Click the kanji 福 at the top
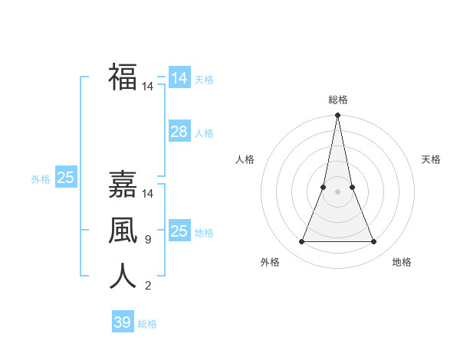(123, 77)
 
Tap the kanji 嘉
(123, 185)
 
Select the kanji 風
(123, 230)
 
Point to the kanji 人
(123, 276)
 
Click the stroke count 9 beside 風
(147, 240)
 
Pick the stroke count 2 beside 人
(147, 286)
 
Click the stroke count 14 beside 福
(147, 87)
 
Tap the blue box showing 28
(179, 132)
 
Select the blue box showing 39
(122, 322)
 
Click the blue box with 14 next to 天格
(179, 78)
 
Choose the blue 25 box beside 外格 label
(66, 178)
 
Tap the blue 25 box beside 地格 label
(179, 231)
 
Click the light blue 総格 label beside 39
(147, 324)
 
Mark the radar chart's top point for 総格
(337, 116)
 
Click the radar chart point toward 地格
(373, 242)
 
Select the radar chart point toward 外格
(301, 242)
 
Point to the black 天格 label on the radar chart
(431, 159)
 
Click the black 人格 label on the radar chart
(245, 159)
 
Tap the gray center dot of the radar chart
(337, 191)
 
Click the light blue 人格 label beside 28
(204, 133)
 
